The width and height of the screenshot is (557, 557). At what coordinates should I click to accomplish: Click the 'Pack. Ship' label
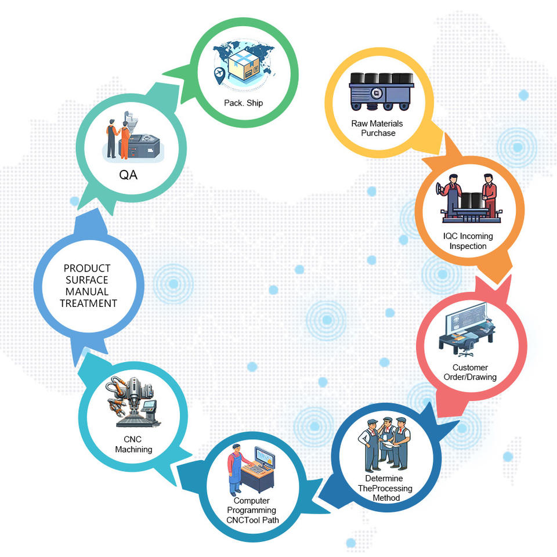pos(244,103)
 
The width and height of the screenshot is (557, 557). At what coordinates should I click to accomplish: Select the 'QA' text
pos(129,175)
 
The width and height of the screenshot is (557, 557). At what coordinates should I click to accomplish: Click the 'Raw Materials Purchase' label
pos(377,128)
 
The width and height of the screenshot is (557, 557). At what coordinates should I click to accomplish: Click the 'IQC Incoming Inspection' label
pos(468,241)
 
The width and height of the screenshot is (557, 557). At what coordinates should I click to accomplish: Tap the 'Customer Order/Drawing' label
pos(470,372)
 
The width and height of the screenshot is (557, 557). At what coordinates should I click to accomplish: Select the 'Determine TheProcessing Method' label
pos(385,488)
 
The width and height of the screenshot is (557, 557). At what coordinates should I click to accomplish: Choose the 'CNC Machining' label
pos(133,444)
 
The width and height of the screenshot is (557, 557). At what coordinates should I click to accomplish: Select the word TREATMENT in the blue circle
pos(88,303)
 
